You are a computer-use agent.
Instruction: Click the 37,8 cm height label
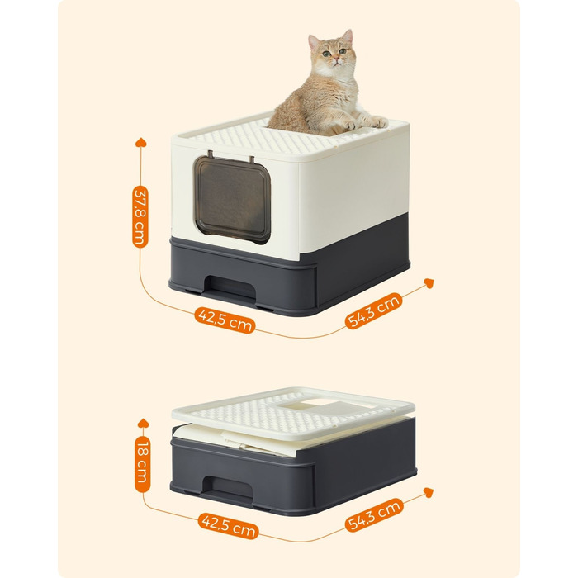coord(140,216)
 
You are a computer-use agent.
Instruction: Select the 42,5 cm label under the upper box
coord(225,320)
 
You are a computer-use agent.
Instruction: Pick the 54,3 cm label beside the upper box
coord(373,310)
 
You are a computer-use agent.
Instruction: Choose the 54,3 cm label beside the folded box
coord(374,514)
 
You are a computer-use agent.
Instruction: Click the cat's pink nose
coord(336,59)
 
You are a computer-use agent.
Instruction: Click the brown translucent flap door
coord(233,200)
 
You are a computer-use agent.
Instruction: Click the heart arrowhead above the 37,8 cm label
coord(140,142)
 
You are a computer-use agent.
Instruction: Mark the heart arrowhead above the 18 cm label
coord(143,423)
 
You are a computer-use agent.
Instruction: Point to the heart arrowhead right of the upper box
coord(429,283)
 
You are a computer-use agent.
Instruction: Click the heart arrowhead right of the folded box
coord(429,492)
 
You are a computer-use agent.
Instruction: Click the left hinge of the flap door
coord(211,154)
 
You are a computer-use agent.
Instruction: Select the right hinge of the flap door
coord(252,159)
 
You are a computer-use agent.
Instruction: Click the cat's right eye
coord(326,54)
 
